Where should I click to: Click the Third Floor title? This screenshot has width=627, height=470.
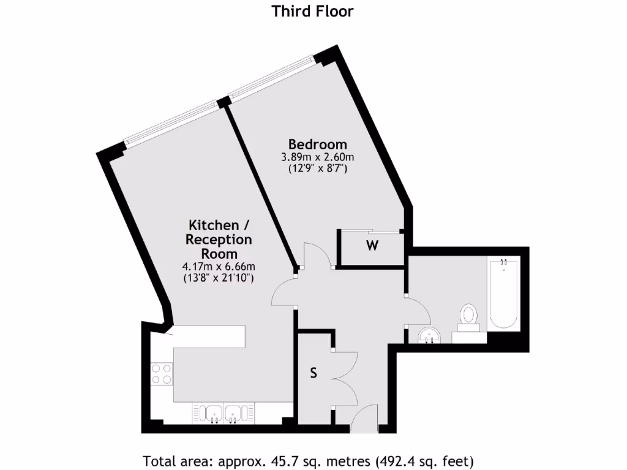[313, 11]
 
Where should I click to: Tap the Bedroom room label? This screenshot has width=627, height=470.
[318, 144]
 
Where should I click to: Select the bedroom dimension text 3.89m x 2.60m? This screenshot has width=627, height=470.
[318, 157]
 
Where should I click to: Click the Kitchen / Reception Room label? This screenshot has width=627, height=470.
[219, 239]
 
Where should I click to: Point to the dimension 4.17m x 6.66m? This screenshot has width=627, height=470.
[219, 266]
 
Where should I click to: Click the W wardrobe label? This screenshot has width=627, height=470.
[372, 247]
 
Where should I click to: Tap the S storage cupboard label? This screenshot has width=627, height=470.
[313, 374]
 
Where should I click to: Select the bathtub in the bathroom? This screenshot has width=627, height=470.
[503, 294]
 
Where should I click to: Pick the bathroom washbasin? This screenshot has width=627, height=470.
[430, 335]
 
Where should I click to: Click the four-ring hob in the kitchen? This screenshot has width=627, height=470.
[162, 373]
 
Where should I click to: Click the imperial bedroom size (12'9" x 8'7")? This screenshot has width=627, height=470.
[318, 169]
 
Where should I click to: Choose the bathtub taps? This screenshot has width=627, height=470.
[503, 263]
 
